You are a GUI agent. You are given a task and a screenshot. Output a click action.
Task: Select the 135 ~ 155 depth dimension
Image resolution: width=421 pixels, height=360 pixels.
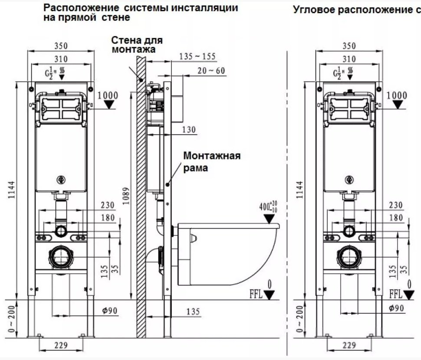197,57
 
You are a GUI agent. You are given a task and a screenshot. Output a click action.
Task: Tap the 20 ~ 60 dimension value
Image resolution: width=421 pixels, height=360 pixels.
211,71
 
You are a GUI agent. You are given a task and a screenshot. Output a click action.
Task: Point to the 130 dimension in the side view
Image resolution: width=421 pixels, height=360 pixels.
189,129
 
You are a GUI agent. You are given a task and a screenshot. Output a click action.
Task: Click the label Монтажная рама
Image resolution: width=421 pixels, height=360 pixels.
211,162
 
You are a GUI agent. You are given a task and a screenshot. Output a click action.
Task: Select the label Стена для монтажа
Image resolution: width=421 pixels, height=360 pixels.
137,45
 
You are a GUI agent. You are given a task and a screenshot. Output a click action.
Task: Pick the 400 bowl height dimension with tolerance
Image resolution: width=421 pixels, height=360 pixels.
267,207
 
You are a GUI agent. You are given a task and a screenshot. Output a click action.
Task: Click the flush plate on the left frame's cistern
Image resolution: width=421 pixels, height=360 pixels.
60,106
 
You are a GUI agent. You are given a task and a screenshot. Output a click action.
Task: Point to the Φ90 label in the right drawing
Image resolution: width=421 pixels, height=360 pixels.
397,308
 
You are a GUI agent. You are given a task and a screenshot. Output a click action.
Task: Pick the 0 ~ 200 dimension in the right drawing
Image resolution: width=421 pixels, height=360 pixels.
299,319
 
